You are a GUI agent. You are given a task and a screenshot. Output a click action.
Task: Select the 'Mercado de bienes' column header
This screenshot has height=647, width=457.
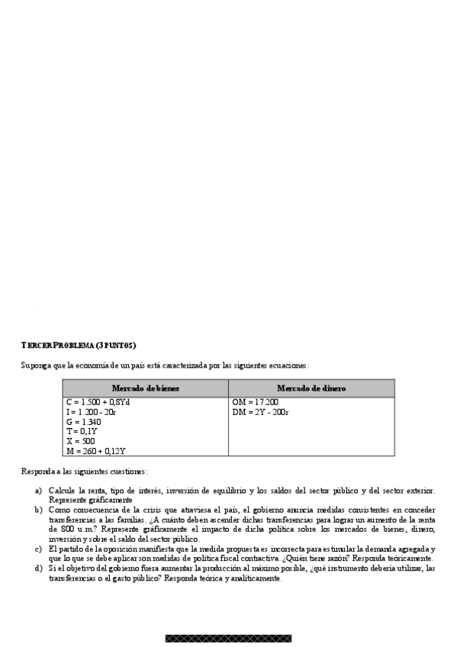pyautogui.click(x=145, y=388)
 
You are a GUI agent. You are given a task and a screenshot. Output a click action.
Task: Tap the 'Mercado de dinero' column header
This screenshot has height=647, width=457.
pyautogui.click(x=311, y=388)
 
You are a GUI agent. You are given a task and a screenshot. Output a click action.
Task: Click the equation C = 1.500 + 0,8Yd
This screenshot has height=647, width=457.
pyautogui.click(x=99, y=402)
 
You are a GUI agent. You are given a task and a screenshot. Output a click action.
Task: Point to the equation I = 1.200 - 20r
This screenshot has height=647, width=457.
pyautogui.click(x=92, y=412)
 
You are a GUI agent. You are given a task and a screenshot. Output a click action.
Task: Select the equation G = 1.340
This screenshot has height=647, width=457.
pyautogui.click(x=84, y=422)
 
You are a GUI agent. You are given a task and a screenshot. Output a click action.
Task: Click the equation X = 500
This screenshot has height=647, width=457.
pyautogui.click(x=81, y=441)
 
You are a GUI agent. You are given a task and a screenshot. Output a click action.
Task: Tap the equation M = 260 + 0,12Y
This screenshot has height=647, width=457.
pyautogui.click(x=95, y=451)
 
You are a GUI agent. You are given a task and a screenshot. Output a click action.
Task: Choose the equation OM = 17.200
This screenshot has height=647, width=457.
pyautogui.click(x=255, y=402)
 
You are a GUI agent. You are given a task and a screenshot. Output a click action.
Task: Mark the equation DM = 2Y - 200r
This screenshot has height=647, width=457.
pyautogui.click(x=261, y=412)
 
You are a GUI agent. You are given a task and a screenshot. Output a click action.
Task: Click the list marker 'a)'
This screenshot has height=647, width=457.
pyautogui.click(x=38, y=491)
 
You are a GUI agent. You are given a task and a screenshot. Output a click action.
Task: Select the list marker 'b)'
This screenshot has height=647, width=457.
pyautogui.click(x=38, y=509)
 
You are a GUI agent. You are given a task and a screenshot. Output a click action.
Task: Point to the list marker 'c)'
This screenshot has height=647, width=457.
pyautogui.click(x=38, y=549)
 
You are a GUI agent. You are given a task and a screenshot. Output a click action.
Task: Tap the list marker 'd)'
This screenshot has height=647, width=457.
pyautogui.click(x=38, y=568)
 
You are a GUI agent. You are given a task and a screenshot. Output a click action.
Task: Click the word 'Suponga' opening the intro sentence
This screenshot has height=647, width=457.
pyautogui.click(x=34, y=365)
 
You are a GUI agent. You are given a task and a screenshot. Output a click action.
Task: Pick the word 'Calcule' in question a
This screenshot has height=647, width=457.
pyautogui.click(x=62, y=491)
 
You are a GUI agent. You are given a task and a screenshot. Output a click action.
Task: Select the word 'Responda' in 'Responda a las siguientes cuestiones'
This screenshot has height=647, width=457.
pyautogui.click(x=37, y=472)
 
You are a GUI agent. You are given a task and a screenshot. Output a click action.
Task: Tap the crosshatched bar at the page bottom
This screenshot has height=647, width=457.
pyautogui.click(x=228, y=638)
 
